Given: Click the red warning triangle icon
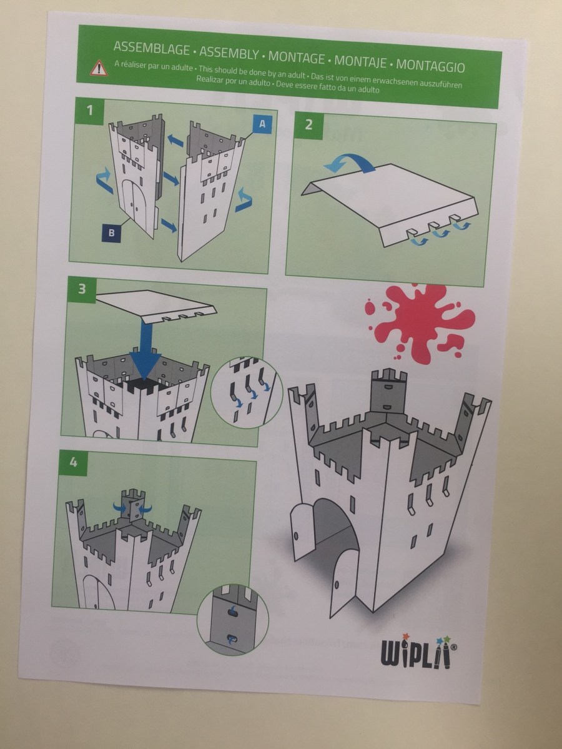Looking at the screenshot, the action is point(99,68).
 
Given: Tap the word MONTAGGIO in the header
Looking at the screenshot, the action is point(430,65).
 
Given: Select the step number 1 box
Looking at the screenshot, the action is point(89,111).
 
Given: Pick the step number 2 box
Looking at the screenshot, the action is point(308,125).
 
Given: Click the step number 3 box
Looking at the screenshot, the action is point(82,289).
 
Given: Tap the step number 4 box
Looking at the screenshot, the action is point(73,462).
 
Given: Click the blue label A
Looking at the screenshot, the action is point(262,124).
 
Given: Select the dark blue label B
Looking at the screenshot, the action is point(111,233).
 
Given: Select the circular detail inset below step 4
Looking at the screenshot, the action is point(232,619).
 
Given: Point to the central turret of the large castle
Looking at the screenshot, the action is point(388,389).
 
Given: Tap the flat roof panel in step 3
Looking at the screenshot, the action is point(156,305).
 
